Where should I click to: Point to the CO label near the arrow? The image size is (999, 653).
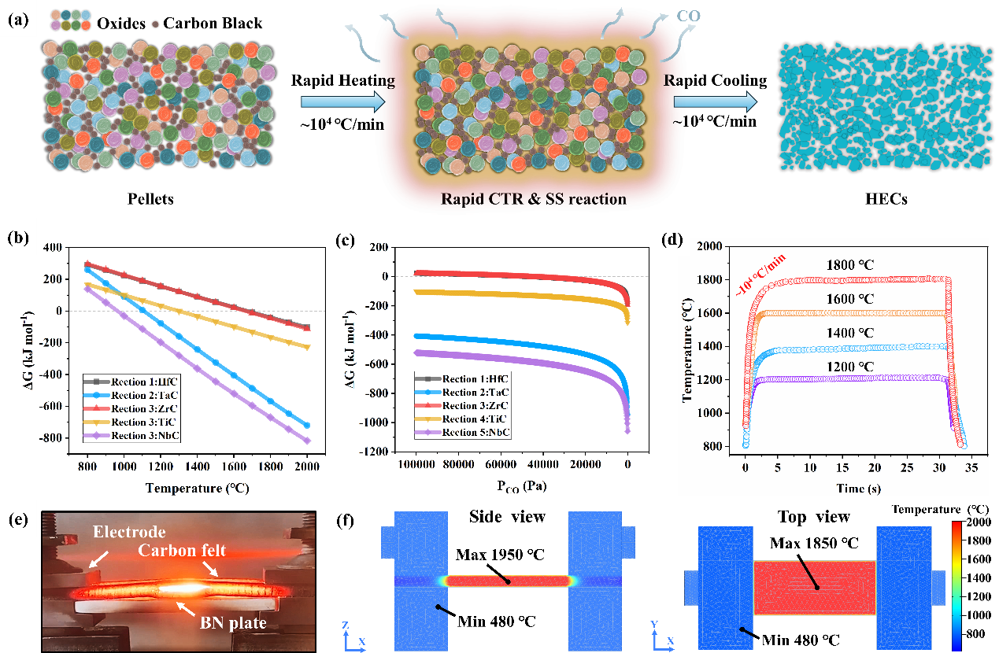(689, 15)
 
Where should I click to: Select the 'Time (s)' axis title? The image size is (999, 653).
(853, 489)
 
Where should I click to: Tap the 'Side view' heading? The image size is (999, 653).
(508, 517)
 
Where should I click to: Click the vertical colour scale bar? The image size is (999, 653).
(956, 585)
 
